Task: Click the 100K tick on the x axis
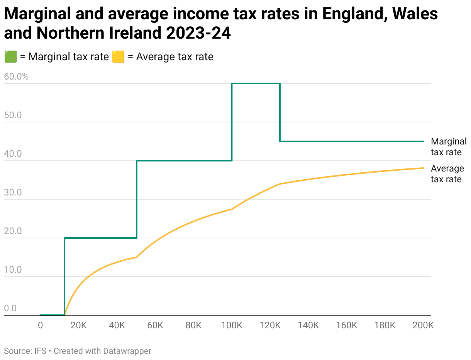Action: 232,326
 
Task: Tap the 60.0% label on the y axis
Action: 16,76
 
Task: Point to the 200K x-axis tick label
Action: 423,326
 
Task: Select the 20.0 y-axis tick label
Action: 13,231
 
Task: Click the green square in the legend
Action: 10,57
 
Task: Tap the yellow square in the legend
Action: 118,57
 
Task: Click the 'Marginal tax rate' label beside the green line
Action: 448,147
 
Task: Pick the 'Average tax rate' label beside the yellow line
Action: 447,174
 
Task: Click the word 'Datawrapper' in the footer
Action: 127,351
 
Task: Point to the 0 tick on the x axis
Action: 40,326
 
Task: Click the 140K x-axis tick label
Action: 308,326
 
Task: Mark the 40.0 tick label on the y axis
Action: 13,154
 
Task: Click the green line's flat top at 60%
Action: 256,83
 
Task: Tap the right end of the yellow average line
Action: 423,168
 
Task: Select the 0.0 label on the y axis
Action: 10,308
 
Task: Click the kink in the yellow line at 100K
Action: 232,209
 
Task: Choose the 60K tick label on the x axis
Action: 155,326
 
